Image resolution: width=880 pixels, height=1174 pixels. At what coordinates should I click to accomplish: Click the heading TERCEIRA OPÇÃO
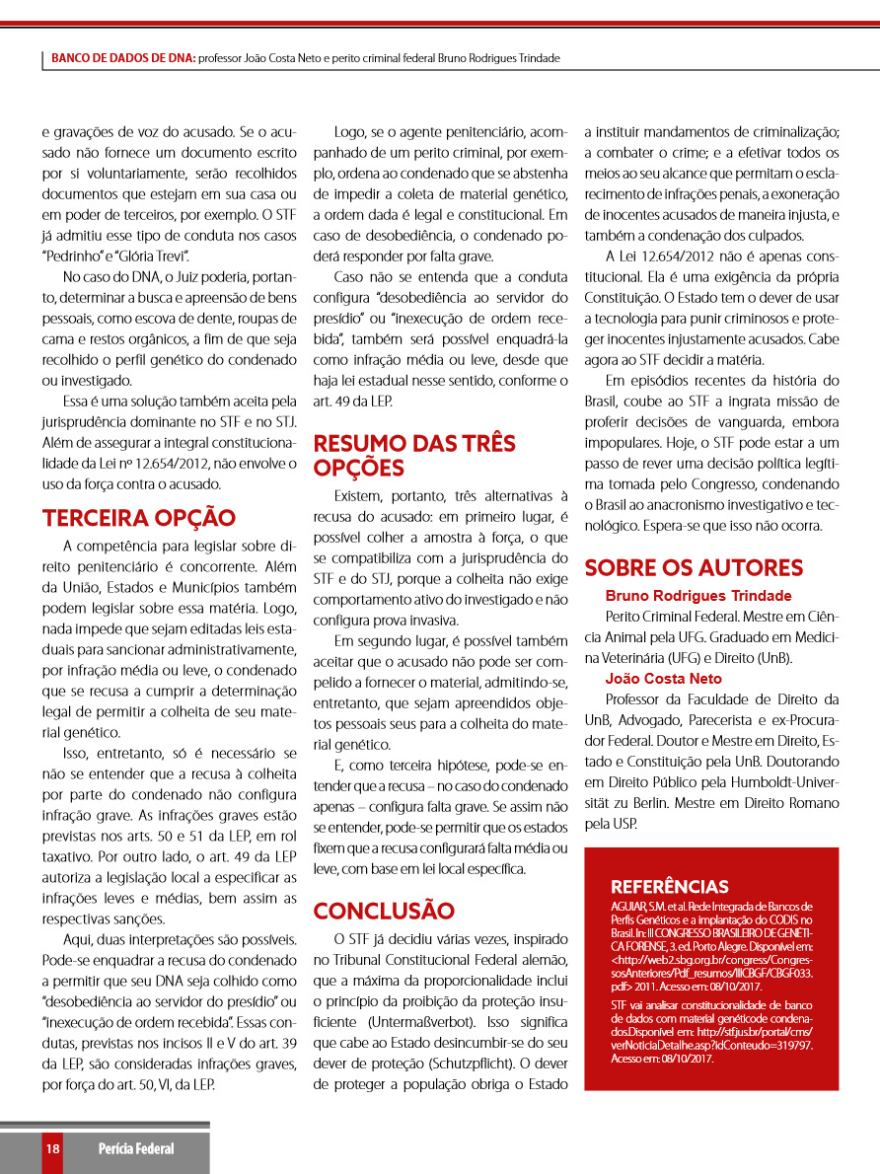point(139,518)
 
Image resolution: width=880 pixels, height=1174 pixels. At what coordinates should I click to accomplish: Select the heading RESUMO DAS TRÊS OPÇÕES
point(414,455)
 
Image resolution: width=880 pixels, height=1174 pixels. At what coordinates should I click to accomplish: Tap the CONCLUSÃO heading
point(384,910)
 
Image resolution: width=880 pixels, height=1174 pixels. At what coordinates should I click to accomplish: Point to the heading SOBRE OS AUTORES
point(694,567)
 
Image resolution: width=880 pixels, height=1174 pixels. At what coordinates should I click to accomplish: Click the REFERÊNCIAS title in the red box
point(670,886)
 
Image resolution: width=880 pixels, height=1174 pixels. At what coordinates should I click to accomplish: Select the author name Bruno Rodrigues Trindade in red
point(697,596)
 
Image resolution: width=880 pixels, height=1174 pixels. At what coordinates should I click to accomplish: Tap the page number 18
point(52,1148)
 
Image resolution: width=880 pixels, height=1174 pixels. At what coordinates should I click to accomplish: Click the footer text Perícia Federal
point(135,1148)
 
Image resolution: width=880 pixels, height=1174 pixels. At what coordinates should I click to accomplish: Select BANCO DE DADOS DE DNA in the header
point(123,58)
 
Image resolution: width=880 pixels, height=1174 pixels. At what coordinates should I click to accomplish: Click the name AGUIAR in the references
point(628,906)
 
